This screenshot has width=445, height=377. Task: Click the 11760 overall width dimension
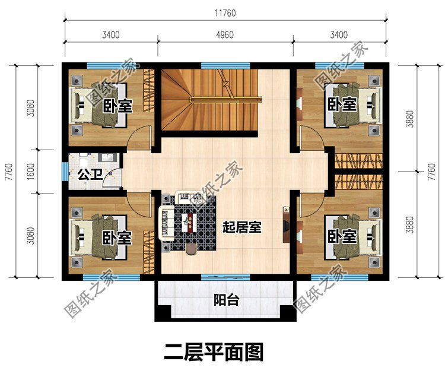[225, 13]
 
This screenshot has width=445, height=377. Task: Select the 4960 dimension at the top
[225, 35]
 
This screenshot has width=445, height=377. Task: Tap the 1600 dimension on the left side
[31, 171]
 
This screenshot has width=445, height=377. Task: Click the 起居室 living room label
[242, 227]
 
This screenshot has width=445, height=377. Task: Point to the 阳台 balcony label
[226, 300]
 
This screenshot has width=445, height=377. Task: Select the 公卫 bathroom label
[90, 175]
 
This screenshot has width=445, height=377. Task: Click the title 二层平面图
[214, 352]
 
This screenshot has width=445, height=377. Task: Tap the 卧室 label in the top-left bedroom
[117, 106]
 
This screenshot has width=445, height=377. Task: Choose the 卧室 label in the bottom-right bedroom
[342, 236]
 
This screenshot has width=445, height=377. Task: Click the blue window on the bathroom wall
[65, 171]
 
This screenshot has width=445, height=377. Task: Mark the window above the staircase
[225, 66]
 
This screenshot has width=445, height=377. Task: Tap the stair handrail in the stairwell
[226, 99]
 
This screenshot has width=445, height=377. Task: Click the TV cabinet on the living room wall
[286, 224]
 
